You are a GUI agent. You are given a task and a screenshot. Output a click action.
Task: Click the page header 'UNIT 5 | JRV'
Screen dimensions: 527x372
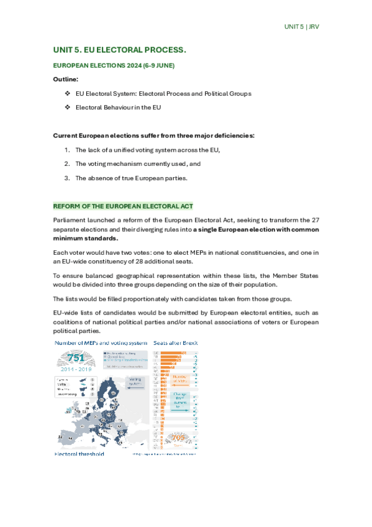click(301, 27)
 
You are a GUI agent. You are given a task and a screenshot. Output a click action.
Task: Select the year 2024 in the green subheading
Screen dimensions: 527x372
click(127, 65)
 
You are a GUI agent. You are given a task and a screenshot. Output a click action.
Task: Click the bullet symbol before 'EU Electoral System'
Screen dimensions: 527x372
click(67, 94)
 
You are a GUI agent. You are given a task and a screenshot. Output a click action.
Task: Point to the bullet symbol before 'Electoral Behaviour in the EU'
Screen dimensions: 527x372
click(67, 108)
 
